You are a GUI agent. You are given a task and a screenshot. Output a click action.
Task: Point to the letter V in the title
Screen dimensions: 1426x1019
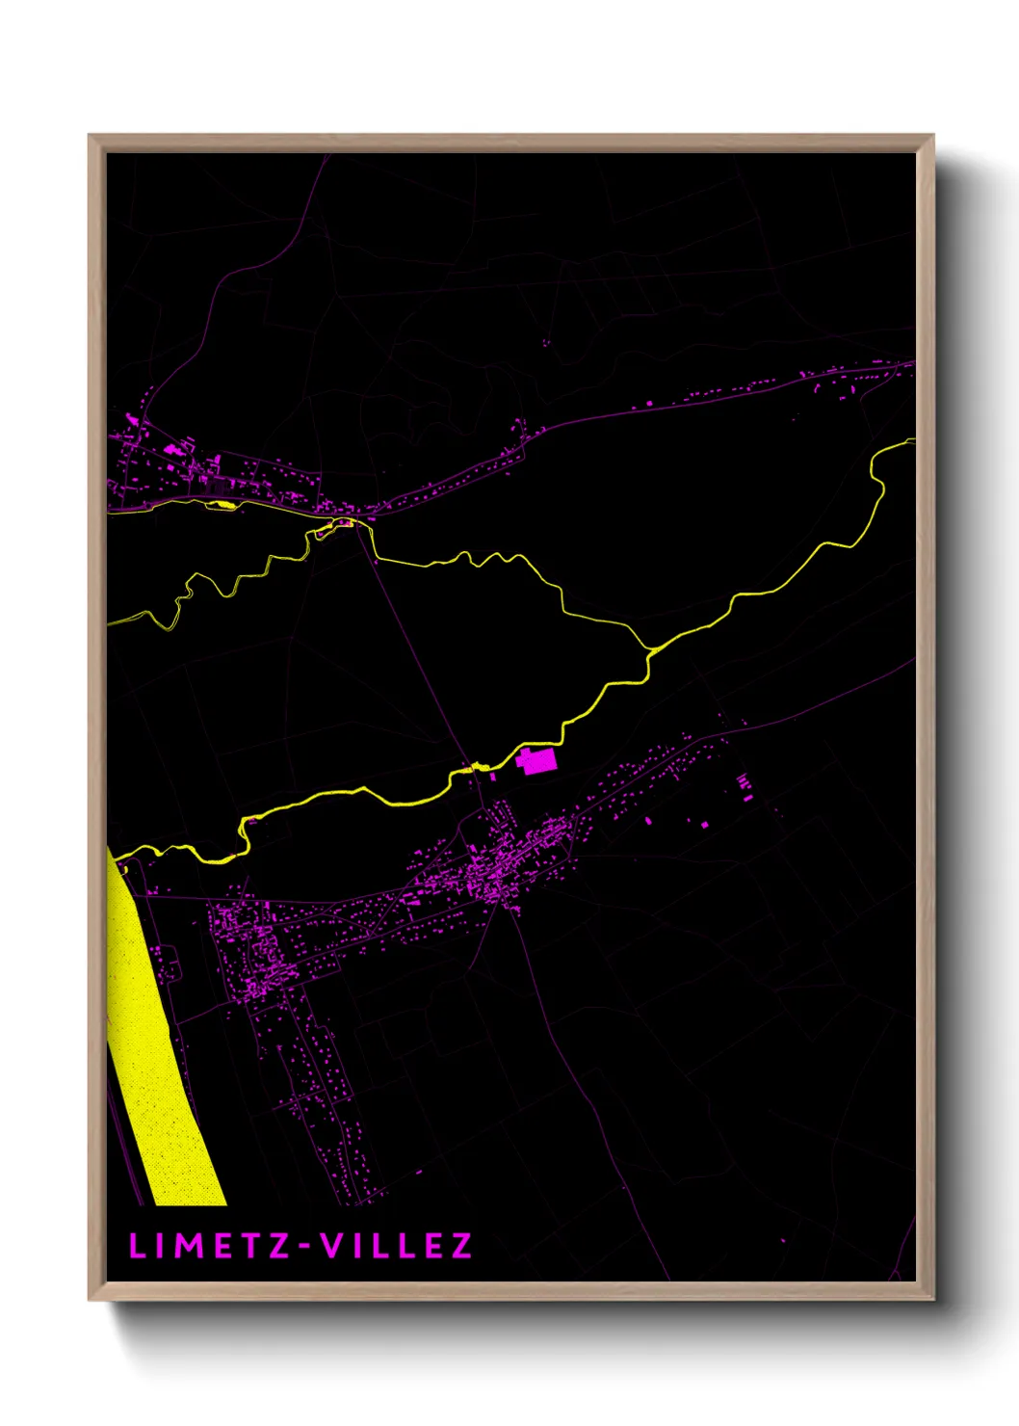332,1246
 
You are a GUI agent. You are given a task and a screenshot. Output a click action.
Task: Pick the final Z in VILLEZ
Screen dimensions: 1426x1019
461,1246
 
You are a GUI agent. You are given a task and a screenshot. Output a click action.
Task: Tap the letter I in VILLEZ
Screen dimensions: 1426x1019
358,1246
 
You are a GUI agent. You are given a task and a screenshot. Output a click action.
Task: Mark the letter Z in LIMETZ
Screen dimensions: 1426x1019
279,1246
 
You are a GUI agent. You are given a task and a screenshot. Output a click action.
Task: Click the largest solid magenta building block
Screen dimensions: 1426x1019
537,761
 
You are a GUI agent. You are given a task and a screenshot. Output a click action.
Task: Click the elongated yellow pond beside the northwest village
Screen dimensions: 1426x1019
222,504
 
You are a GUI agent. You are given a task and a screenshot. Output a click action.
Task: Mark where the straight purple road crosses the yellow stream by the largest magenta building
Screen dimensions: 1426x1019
473,769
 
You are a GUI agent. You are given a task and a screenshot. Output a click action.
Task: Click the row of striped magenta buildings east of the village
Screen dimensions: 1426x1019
744,785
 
